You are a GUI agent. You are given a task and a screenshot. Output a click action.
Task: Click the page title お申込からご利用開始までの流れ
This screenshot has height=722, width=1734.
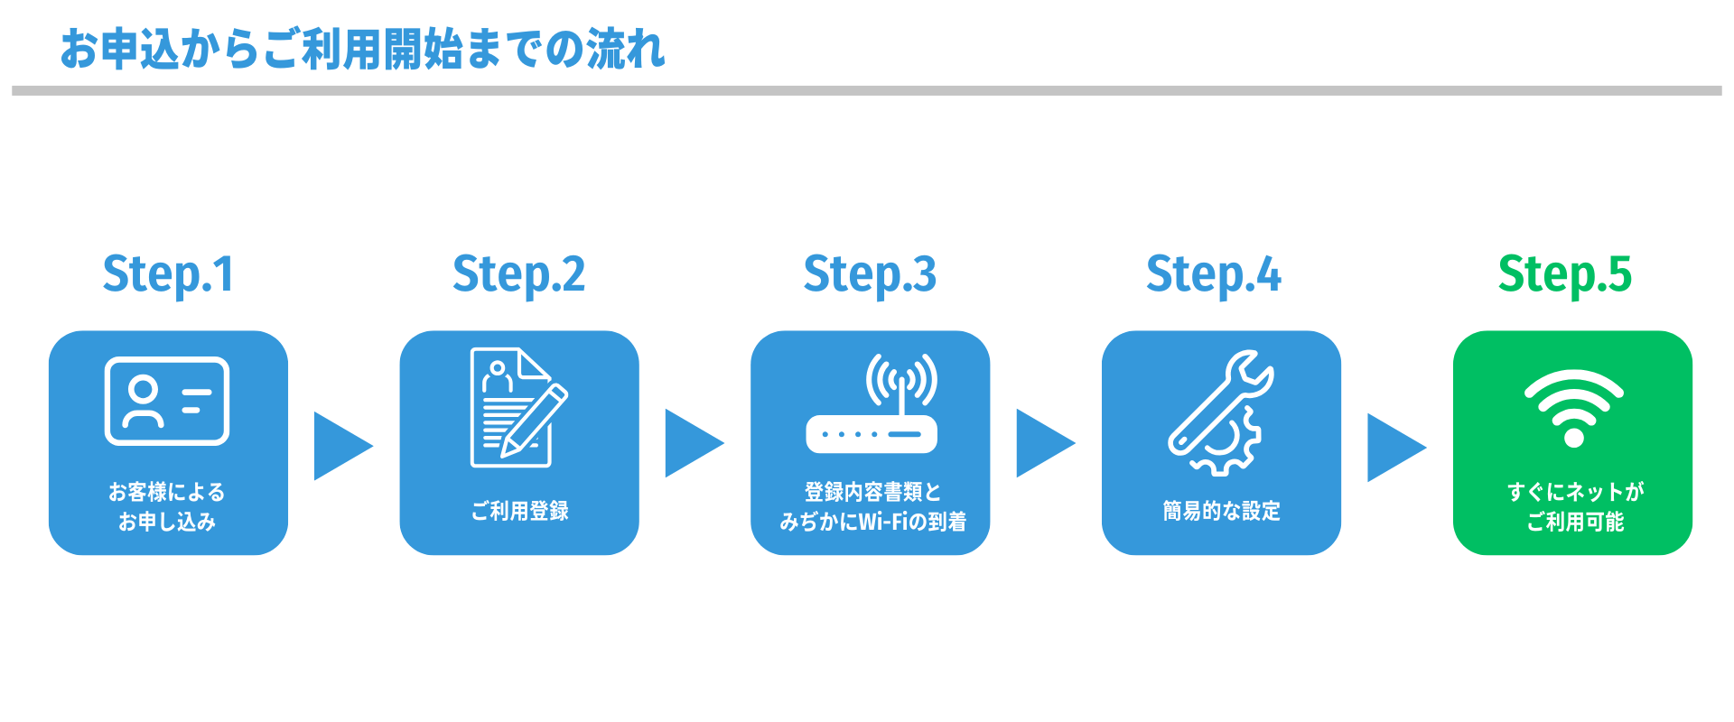click(x=362, y=50)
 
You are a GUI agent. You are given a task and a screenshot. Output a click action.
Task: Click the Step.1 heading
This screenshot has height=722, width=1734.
click(x=168, y=274)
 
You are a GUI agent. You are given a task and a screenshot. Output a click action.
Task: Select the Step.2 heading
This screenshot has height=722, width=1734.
click(x=518, y=274)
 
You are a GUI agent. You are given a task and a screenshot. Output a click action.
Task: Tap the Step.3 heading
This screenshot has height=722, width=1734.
click(x=870, y=274)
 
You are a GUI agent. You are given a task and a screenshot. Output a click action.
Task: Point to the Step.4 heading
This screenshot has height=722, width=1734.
click(x=1213, y=274)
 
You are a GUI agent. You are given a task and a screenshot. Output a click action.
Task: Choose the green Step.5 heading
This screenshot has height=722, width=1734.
click(x=1564, y=274)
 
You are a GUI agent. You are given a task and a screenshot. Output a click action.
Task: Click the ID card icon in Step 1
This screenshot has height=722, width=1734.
click(x=167, y=401)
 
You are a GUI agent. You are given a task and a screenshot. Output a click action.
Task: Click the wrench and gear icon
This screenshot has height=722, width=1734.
click(x=1220, y=412)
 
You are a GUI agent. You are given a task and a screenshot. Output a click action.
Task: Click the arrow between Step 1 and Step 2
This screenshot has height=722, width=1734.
click(x=341, y=446)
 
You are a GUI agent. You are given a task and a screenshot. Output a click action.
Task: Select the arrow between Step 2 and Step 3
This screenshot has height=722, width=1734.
click(x=693, y=443)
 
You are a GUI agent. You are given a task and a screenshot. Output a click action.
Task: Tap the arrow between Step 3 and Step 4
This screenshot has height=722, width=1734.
click(x=1044, y=443)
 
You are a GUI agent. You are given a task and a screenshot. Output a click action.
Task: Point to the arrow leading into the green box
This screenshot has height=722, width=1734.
click(x=1395, y=447)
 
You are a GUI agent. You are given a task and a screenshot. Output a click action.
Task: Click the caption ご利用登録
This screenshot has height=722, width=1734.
click(x=519, y=511)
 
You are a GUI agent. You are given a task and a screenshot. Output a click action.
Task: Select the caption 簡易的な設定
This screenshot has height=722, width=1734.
click(x=1221, y=511)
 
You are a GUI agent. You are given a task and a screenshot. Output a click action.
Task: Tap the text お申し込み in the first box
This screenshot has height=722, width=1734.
click(x=167, y=522)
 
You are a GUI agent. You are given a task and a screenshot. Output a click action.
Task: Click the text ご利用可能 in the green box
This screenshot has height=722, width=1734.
click(x=1575, y=522)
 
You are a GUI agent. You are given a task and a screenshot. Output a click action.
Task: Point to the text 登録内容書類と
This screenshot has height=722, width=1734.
click(x=872, y=492)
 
